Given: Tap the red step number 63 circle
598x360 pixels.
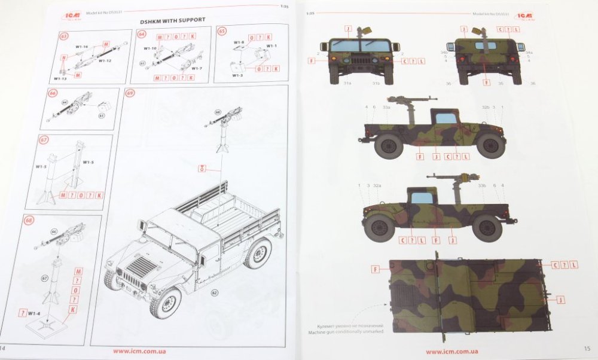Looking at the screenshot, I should pyautogui.click(x=64, y=36).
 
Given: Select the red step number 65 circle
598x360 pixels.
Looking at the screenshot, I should pyautogui.click(x=222, y=32).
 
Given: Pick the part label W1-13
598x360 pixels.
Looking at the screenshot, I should pyautogui.click(x=60, y=78).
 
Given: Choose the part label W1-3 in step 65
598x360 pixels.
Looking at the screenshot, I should pyautogui.click(x=238, y=75).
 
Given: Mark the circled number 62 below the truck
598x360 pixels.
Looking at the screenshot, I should pyautogui.click(x=215, y=293).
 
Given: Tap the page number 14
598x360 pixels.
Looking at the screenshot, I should pyautogui.click(x=3, y=348).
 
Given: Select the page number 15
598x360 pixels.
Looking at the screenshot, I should pyautogui.click(x=586, y=348).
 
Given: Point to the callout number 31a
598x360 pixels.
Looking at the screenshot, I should pyautogui.click(x=347, y=83).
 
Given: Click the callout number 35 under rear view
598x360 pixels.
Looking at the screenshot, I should pyautogui.click(x=501, y=83).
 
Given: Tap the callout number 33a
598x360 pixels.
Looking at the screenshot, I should pyautogui.click(x=386, y=107).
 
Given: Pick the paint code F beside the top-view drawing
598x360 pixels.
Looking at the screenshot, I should pyautogui.click(x=376, y=269).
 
